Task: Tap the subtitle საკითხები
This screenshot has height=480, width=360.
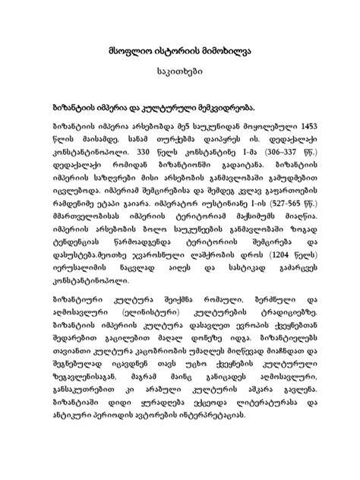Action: pos(179,77)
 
